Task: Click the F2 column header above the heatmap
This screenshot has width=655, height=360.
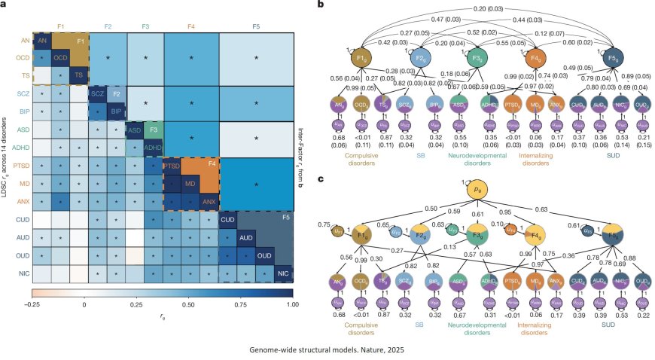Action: coord(108,27)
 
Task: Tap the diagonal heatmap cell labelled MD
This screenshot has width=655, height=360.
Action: coord(190,184)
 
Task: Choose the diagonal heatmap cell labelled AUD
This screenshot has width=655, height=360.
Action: coord(245,238)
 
